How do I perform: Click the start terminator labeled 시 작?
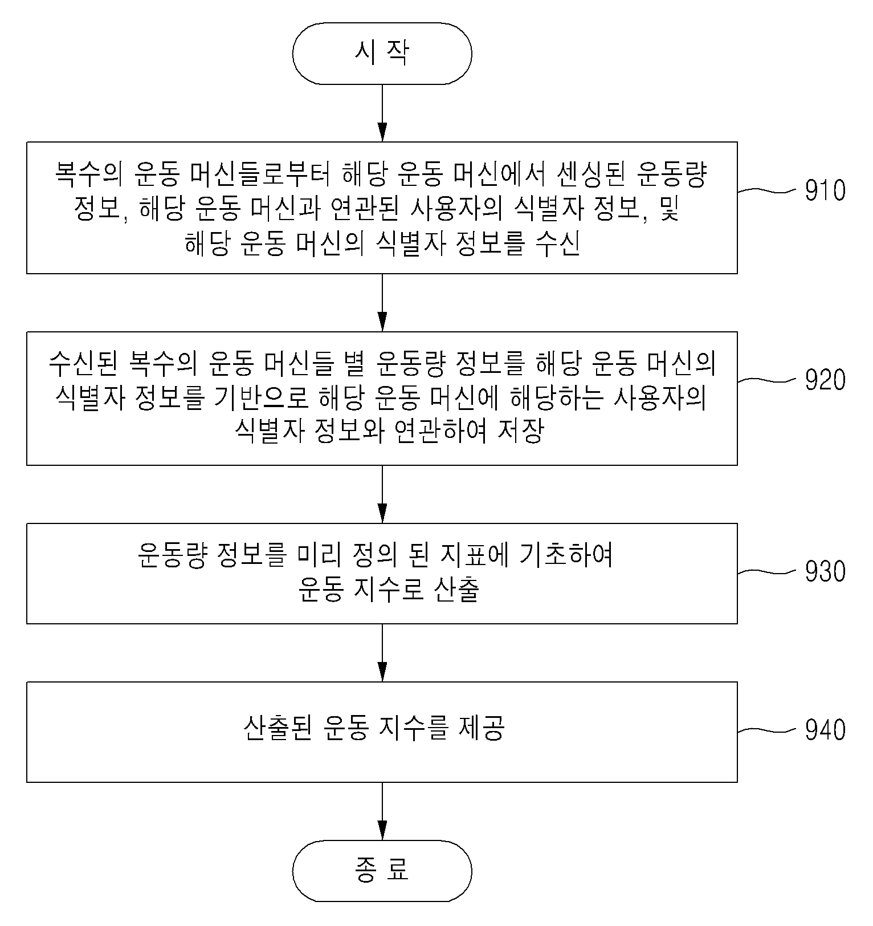pos(382,54)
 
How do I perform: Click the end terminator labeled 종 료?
pos(382,871)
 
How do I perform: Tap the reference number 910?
pos(825,190)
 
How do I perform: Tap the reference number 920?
pos(825,380)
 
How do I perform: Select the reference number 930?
pos(825,571)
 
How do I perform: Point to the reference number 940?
pos(825,730)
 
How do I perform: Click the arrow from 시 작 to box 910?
pos(382,113)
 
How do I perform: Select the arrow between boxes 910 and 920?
pos(382,303)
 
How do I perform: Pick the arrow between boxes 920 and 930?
pos(382,494)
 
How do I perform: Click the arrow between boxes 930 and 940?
pos(382,653)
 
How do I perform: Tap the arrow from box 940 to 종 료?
pos(382,811)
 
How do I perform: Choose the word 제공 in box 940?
pos(482,728)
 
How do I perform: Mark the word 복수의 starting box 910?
pos(88,174)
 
